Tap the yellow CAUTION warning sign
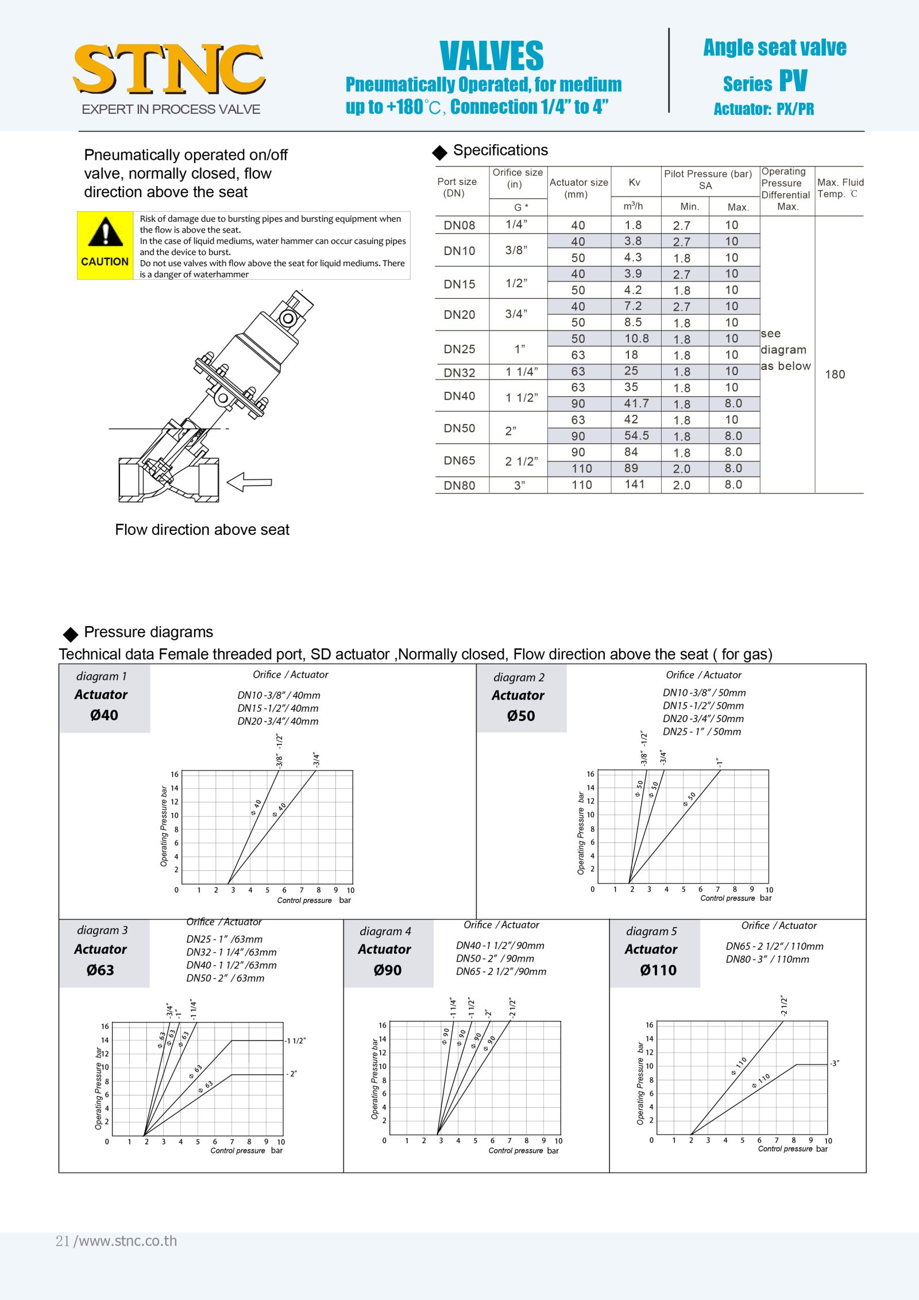point(105,245)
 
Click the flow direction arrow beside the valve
point(249,482)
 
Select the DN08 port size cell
point(459,225)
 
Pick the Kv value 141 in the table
point(635,484)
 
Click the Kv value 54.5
point(636,435)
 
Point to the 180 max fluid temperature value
point(835,375)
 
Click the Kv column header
point(634,182)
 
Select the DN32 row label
point(459,372)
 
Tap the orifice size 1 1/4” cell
point(522,372)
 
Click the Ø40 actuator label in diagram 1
point(104,715)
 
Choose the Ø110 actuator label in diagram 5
point(658,970)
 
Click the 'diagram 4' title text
point(385,931)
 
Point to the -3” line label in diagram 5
point(835,1063)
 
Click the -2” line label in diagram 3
point(292,1074)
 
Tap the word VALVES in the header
point(491,56)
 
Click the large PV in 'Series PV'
point(793,81)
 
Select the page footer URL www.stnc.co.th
point(127,1241)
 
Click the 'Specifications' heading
point(500,151)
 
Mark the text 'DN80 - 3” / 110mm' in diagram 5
point(767,959)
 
